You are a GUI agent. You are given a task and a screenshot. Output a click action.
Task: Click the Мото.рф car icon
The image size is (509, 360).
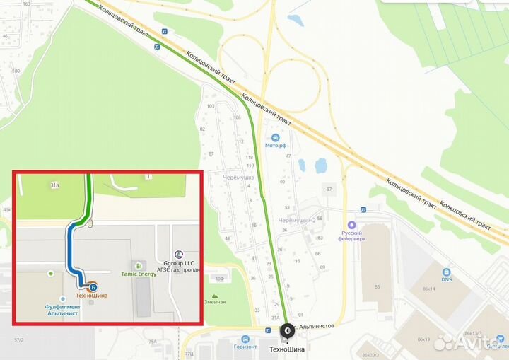(x=275, y=137)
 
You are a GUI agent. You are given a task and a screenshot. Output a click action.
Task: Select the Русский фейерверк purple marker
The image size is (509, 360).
(x=352, y=225)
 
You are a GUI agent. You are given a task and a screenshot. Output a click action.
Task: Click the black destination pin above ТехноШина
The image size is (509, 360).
(x=287, y=330)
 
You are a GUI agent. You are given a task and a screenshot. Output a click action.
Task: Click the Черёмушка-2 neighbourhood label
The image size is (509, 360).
(x=296, y=221)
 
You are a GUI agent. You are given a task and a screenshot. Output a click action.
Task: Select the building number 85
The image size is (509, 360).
(x=378, y=286)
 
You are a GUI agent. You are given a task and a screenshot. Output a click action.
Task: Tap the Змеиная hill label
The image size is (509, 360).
(x=215, y=302)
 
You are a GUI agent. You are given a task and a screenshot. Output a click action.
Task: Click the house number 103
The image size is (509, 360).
(x=210, y=106)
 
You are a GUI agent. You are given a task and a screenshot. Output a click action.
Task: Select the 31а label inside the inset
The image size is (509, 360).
(x=54, y=185)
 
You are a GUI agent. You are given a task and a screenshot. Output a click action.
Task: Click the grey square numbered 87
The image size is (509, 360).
(x=328, y=189)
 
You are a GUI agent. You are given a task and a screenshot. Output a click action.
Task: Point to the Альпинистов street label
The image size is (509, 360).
(x=317, y=325)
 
